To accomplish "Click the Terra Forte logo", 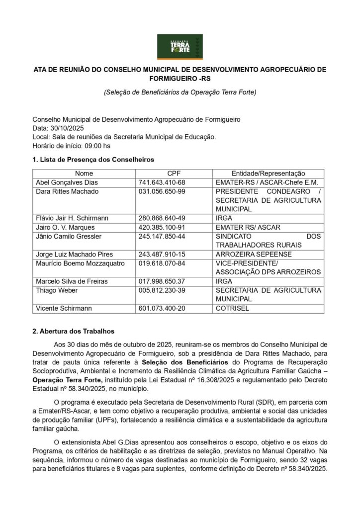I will (180, 47).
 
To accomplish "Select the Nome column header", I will (84, 173).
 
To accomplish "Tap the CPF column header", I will (174, 173).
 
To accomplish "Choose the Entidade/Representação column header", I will (268, 173).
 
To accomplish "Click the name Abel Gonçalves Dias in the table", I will (67, 182).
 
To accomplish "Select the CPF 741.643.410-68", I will (162, 182).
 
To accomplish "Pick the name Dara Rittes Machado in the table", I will (67, 191).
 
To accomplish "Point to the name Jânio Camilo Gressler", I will (68, 236).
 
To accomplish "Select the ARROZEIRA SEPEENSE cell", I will (254, 254).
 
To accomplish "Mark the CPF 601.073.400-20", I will (162, 308).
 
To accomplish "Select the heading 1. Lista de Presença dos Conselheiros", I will (93, 160).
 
